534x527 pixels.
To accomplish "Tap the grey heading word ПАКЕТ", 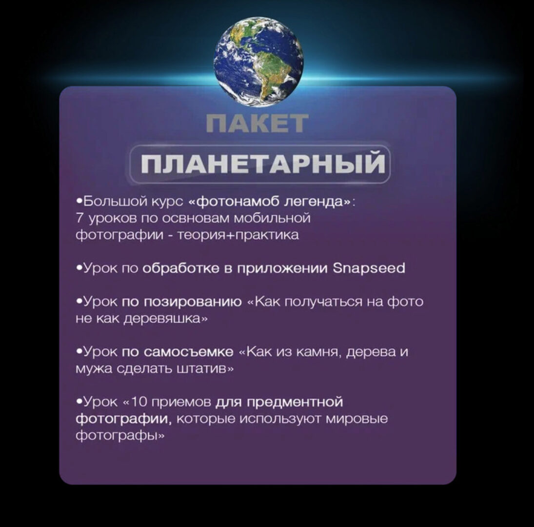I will pos(257,124).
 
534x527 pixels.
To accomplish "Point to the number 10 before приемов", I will pos(141,402).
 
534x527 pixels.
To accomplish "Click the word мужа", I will pos(90,369).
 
